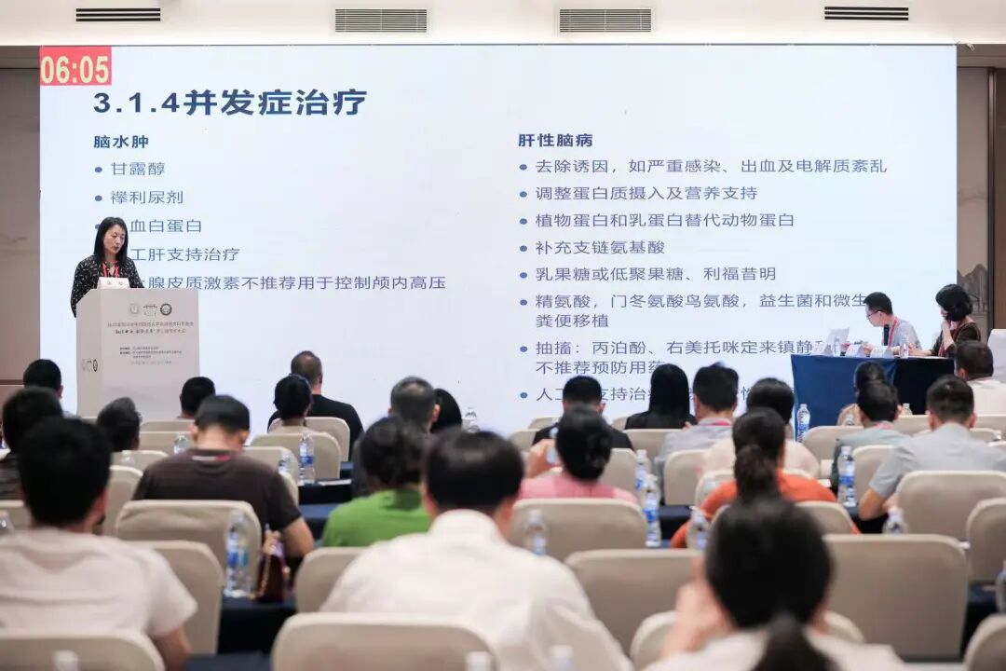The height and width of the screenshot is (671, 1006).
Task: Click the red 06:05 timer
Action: click(75, 67)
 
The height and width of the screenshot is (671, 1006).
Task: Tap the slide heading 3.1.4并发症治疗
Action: click(230, 102)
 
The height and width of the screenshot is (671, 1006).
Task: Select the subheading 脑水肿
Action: click(121, 142)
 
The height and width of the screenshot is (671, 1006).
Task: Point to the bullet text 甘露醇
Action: click(138, 169)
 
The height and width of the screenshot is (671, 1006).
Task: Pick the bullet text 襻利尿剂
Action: click(147, 198)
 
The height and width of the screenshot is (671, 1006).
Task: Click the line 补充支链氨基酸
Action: click(600, 247)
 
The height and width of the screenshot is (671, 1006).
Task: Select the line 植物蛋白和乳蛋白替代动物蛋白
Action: click(664, 220)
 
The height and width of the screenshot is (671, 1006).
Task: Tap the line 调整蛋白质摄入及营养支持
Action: click(646, 193)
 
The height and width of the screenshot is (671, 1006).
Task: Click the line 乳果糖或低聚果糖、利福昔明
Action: click(655, 274)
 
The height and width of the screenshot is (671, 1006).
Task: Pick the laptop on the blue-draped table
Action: click(835, 341)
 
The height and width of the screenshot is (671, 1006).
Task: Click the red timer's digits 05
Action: click(93, 67)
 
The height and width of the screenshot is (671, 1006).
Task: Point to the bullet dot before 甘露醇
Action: click(99, 170)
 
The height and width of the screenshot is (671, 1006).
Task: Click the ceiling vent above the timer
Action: click(117, 15)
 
